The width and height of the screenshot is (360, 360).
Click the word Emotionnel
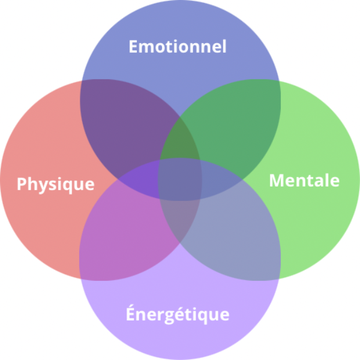pyautogui.click(x=178, y=46)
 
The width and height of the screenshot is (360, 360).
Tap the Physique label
pyautogui.click(x=55, y=184)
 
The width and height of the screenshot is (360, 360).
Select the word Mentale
pyautogui.click(x=304, y=180)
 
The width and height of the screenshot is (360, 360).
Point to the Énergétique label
pyautogui.click(x=178, y=314)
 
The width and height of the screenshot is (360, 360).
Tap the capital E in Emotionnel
pyautogui.click(x=133, y=46)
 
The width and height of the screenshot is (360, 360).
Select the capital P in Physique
pyautogui.click(x=21, y=183)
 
